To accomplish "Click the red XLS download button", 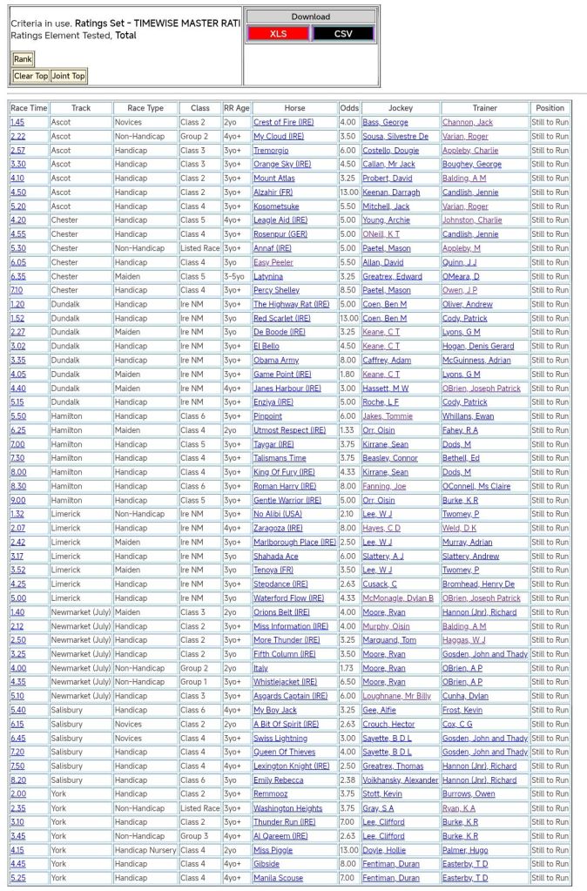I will pos(278,33).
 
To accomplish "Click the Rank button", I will pos(23,59).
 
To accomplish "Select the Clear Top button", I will pos(30,76).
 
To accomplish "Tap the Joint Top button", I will pos(69,76).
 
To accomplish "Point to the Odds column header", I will pos(349,108).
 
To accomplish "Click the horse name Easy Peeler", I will pos(273,262).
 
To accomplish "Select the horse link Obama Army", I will pos(276,361).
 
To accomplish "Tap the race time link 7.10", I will pos(17,290).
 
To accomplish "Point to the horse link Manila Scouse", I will pos(278,878).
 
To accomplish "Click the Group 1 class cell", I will pos(194,682).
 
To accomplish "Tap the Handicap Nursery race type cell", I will pos(145,850).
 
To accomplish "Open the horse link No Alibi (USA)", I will pos(278,514).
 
